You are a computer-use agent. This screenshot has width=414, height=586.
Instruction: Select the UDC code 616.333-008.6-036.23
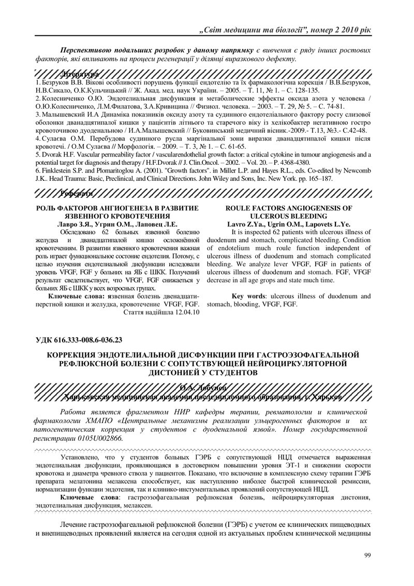pos(86,340)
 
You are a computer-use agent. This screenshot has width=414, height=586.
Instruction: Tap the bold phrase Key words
pos(248,296)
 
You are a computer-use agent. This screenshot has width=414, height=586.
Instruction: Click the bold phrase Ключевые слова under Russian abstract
pos(76,296)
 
